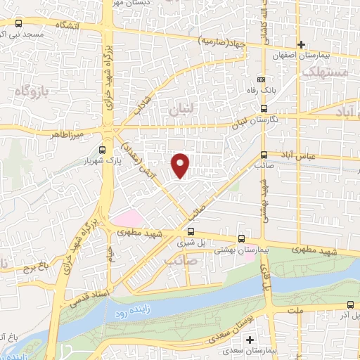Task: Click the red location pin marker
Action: coord(181,165)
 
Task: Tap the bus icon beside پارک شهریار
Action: coord(103,150)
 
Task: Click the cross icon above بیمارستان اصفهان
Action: coord(301,44)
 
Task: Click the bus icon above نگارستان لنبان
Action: coord(264,108)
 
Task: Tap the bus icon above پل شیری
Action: coord(191,231)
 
